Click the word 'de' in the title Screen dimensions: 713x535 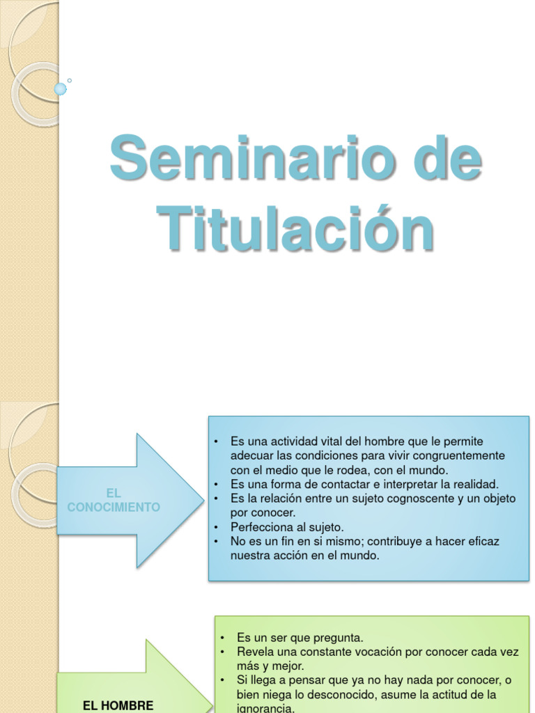(447, 160)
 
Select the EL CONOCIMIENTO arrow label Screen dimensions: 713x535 (114, 501)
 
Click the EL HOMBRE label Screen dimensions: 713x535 (118, 705)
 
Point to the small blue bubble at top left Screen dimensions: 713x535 (61, 88)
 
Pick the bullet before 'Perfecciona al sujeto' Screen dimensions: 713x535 (217, 527)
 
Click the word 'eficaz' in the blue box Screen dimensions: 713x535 (483, 541)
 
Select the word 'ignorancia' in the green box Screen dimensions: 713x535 (265, 708)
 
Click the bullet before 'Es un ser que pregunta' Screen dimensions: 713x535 (222, 638)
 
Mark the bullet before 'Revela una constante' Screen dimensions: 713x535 (222, 652)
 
